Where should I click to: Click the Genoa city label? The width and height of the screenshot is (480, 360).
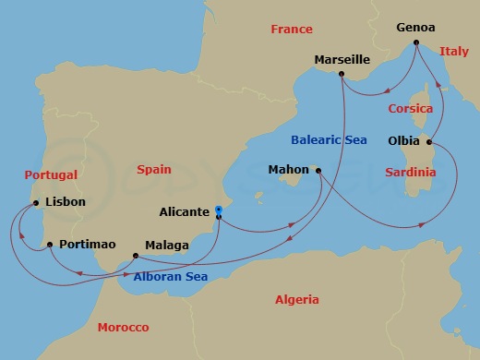415,28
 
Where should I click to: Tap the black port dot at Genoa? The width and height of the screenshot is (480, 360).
416,42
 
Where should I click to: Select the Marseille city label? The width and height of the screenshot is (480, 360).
342,59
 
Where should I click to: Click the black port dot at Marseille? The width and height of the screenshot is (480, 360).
342,74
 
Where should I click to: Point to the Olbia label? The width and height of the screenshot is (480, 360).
402,142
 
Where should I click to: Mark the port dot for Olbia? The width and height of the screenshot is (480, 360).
429,142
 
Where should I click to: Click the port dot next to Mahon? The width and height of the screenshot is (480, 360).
317,170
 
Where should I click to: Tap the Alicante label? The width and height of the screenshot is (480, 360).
184,211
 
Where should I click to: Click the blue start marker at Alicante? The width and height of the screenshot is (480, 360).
219,211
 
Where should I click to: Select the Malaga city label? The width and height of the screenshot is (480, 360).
166,245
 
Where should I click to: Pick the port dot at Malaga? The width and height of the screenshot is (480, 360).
137,255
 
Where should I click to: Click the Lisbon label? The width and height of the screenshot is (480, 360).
65,201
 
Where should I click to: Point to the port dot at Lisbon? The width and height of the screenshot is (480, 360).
35,202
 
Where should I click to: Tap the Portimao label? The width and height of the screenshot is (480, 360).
87,245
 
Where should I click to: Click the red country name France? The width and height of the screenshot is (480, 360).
292,30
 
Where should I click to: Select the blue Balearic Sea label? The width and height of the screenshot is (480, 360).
330,140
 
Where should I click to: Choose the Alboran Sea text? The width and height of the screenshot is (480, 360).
170,276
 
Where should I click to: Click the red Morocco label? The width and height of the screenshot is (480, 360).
124,328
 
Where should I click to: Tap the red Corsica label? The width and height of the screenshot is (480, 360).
410,108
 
